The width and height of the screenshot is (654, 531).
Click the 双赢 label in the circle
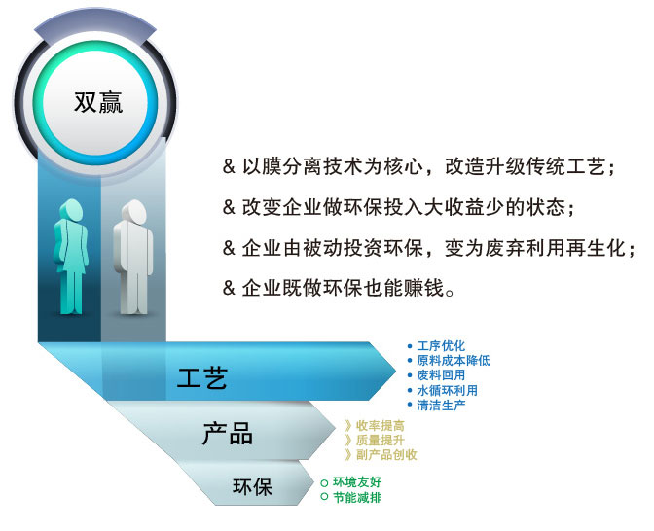coord(98,102)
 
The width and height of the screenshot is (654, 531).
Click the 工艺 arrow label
coord(202,378)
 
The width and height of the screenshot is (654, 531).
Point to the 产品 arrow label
coord(228,434)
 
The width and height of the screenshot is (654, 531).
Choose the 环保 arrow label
coord(252,486)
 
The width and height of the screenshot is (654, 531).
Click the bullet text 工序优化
coord(441,346)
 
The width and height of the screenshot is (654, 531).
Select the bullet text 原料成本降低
coord(454,361)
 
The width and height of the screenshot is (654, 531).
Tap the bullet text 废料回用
coord(441,375)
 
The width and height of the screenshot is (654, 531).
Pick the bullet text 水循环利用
coord(447,391)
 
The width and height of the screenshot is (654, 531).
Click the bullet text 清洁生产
coord(441,406)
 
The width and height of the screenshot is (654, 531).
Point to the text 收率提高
coord(380,426)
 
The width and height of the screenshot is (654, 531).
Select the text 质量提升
coord(380,441)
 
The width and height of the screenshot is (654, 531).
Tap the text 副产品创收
coord(386,455)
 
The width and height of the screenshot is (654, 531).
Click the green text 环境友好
coord(357,482)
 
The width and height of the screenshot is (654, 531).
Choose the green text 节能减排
coord(357,497)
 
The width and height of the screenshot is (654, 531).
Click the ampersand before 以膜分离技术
coord(229,166)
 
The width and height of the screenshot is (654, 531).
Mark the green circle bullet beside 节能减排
coord(324,497)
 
